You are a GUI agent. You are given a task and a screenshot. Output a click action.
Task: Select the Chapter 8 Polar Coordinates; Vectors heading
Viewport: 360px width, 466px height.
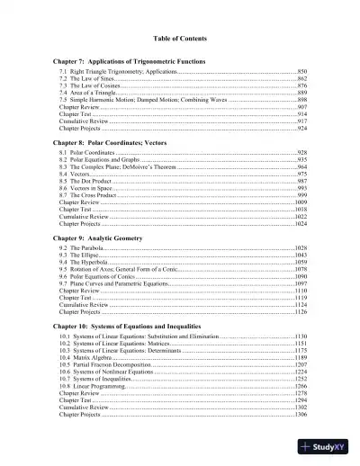pyautogui.click(x=121, y=142)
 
